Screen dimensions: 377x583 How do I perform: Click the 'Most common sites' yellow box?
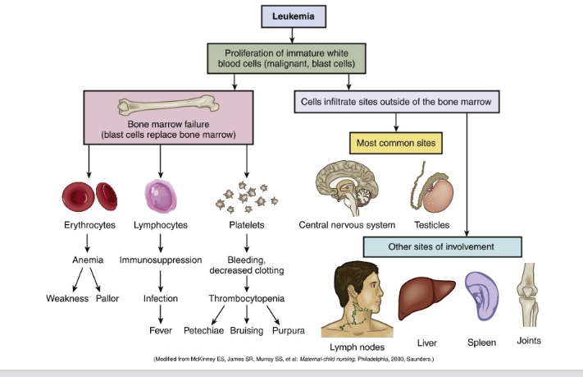click(x=397, y=143)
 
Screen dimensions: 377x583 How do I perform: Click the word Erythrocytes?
click(x=89, y=225)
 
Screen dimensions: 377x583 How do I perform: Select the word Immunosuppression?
click(x=161, y=260)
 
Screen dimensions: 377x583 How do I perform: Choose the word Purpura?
click(x=288, y=330)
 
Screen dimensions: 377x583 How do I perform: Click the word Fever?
click(x=161, y=330)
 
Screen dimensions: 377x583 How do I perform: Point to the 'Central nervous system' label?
click(x=347, y=225)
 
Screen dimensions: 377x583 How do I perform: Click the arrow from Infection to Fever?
click(x=161, y=314)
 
